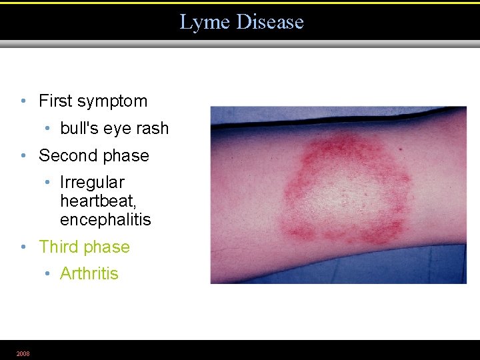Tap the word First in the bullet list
tap(56, 101)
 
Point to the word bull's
tap(79, 128)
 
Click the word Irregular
tap(92, 182)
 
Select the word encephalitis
tap(105, 219)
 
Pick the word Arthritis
tap(89, 273)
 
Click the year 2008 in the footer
tap(23, 353)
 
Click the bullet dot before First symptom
tap(23, 101)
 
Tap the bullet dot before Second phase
tap(23, 156)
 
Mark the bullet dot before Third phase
tap(23, 247)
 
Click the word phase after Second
tap(126, 156)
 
